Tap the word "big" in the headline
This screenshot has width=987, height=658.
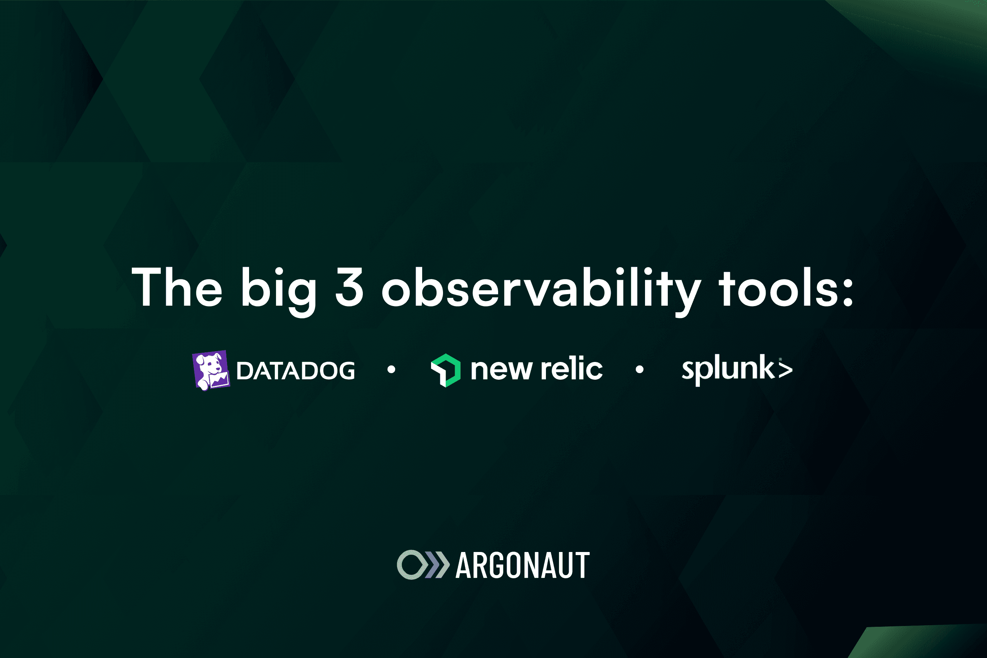click(x=278, y=292)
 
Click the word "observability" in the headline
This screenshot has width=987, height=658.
click(x=541, y=292)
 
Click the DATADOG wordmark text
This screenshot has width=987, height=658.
click(x=296, y=370)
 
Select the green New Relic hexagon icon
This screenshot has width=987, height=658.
click(x=446, y=370)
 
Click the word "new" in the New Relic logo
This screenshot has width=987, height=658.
click(x=502, y=370)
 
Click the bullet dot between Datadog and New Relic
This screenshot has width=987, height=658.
click(x=392, y=369)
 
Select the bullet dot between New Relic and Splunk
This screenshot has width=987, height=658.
click(x=640, y=369)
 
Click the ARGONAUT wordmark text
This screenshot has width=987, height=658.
click(x=523, y=565)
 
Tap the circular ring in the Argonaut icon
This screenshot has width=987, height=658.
click(x=398, y=564)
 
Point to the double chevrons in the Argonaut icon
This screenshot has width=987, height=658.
click(x=436, y=564)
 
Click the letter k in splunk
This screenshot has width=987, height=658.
click(x=767, y=366)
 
